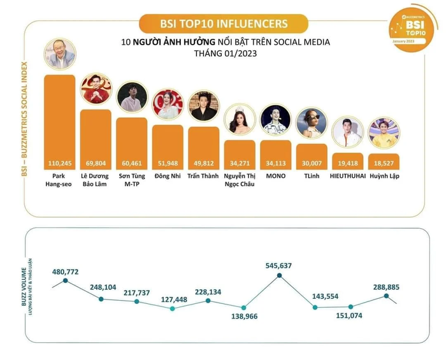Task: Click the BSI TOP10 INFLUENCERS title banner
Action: (x=224, y=24)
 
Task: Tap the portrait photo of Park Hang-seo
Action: (x=59, y=54)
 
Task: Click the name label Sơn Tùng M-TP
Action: (x=132, y=180)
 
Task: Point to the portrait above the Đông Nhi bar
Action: (x=168, y=104)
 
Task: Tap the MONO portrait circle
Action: (x=276, y=120)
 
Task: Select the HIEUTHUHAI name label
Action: (x=348, y=176)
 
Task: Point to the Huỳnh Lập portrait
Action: (x=384, y=133)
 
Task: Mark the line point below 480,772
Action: (x=64, y=281)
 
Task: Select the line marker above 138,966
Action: (x=243, y=307)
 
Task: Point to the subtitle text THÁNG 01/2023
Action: (x=223, y=54)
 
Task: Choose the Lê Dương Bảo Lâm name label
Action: (x=96, y=180)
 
